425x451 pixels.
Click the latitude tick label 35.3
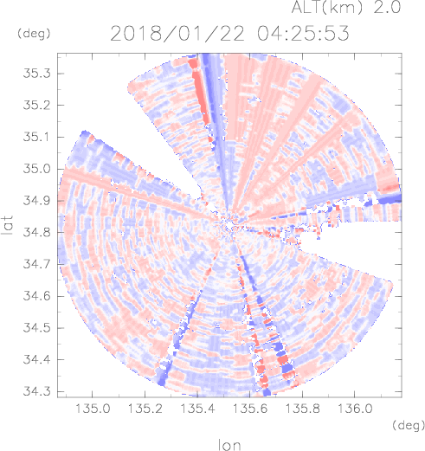pyautogui.click(x=36, y=74)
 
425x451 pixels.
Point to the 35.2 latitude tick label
pyautogui.click(x=36, y=106)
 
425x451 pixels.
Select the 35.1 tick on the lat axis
pyautogui.click(x=36, y=137)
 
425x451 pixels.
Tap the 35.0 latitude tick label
pyautogui.click(x=36, y=169)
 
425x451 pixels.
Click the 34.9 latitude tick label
pyautogui.click(x=36, y=201)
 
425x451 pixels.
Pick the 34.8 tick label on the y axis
pyautogui.click(x=36, y=232)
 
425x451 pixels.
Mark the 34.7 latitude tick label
pyautogui.click(x=36, y=264)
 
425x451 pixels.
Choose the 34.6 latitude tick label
pyautogui.click(x=36, y=296)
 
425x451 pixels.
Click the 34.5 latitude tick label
pyautogui.click(x=36, y=328)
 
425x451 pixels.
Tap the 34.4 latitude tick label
pyautogui.click(x=36, y=360)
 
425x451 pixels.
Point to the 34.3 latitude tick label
pyautogui.click(x=36, y=391)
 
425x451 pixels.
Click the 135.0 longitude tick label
pyautogui.click(x=93, y=409)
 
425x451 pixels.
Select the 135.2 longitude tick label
pyautogui.click(x=145, y=409)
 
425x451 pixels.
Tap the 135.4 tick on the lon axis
pyautogui.click(x=197, y=409)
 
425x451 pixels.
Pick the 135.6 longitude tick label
pyautogui.click(x=250, y=409)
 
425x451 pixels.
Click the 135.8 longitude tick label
pyautogui.click(x=302, y=409)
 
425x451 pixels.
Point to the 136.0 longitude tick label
pyautogui.click(x=355, y=409)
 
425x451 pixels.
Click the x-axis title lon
pyautogui.click(x=229, y=444)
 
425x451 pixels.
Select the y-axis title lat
pyautogui.click(x=8, y=225)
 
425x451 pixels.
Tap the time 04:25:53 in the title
pyautogui.click(x=303, y=33)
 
